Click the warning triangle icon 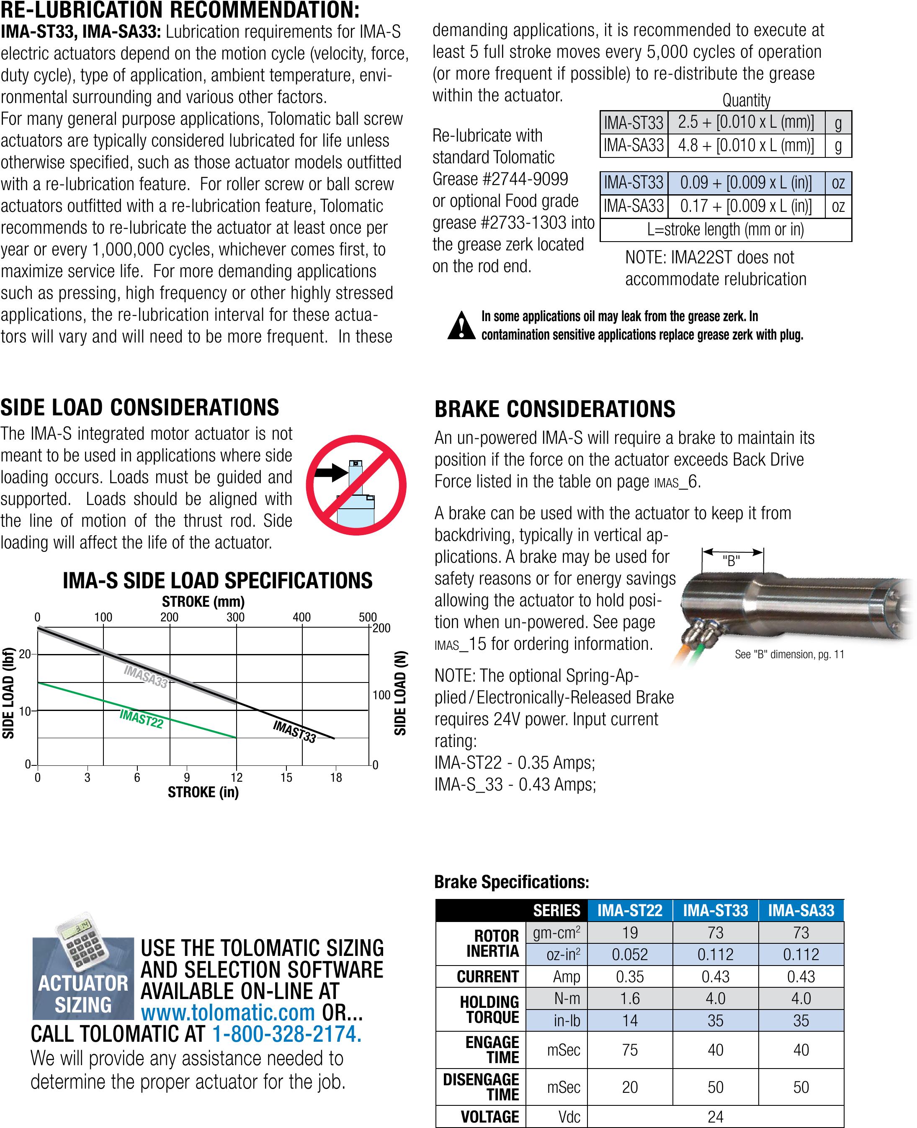[x=461, y=325]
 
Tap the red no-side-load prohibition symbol [x=355, y=485]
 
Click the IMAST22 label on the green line [x=141, y=719]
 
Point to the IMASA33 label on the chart [x=145, y=677]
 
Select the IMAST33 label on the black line [x=294, y=731]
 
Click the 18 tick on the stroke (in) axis [x=336, y=778]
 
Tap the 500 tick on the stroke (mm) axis [x=368, y=617]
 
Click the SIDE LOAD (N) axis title [x=400, y=693]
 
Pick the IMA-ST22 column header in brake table [x=630, y=910]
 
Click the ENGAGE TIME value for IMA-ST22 [x=630, y=1050]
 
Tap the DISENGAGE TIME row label [x=481, y=1087]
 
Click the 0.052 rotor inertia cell [x=630, y=955]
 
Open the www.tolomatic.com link [x=228, y=1012]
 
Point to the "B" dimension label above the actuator [x=732, y=561]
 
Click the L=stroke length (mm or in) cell [x=725, y=230]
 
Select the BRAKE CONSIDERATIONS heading [x=555, y=409]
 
